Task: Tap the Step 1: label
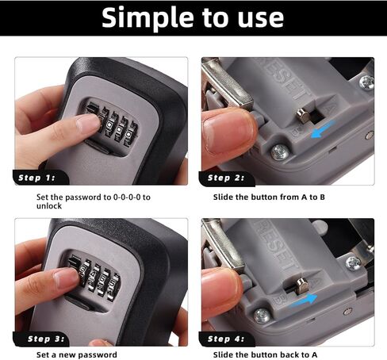(36, 178)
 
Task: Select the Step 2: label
(226, 178)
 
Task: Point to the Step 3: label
(46, 339)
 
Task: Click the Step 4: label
(226, 339)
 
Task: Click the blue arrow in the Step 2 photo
(324, 129)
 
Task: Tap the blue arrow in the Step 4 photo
(304, 301)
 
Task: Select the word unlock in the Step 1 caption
(49, 206)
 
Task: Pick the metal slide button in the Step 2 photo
(303, 116)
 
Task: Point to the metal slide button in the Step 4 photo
(302, 285)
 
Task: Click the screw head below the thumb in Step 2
(280, 152)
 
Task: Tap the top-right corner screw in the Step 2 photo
(367, 82)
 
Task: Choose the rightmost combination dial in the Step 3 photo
(114, 287)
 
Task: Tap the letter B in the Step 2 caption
(322, 197)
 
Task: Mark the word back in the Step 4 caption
(289, 354)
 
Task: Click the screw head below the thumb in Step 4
(262, 316)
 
